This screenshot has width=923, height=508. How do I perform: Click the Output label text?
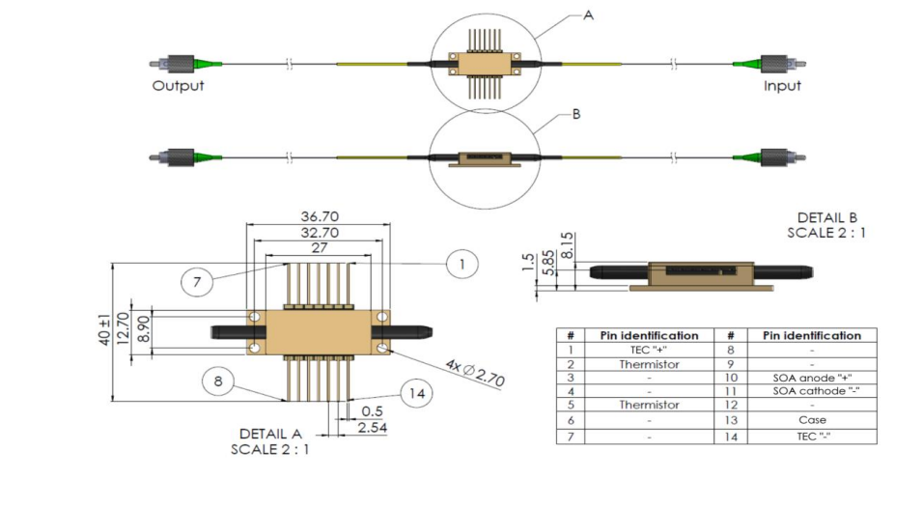178,85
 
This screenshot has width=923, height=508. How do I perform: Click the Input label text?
782,85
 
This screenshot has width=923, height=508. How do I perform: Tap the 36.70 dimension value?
320,217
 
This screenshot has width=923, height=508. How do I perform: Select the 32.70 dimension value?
320,233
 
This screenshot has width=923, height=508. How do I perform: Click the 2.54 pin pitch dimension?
372,426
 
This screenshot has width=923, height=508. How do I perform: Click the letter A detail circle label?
588,14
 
